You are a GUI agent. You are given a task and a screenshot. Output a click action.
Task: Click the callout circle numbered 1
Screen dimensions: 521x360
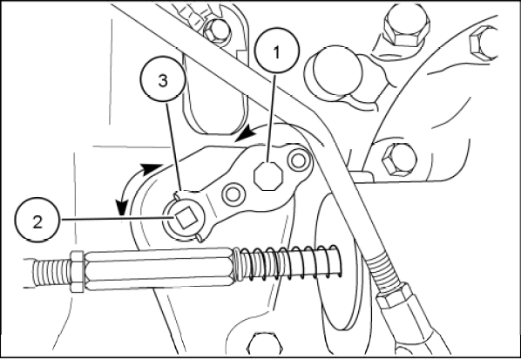[x=277, y=51]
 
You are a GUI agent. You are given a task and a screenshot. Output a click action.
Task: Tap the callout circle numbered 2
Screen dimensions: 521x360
[x=37, y=220]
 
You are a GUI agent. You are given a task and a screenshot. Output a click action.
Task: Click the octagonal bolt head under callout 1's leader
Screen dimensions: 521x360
[x=268, y=176]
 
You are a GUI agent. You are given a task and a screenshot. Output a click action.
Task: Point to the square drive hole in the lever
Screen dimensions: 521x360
[x=186, y=218]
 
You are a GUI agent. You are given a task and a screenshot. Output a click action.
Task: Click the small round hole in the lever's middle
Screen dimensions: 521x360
[x=233, y=194]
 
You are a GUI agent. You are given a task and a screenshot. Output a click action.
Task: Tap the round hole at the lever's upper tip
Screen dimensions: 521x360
[x=298, y=161]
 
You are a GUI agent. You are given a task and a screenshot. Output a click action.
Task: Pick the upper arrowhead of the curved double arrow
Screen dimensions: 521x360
[x=152, y=169]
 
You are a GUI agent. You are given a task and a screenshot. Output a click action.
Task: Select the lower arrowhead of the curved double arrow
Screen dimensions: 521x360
[x=121, y=207]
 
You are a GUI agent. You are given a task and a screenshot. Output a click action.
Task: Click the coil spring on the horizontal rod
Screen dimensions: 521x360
[x=288, y=262]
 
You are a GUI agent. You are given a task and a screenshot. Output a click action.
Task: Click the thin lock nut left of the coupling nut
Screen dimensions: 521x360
[x=77, y=272]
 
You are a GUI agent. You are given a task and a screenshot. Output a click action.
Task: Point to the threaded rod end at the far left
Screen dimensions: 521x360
[x=51, y=273]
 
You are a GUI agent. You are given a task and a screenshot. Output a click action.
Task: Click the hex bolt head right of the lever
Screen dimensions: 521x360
[x=399, y=160]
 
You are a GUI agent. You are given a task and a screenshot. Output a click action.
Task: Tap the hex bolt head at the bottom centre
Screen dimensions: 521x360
[x=265, y=345]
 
